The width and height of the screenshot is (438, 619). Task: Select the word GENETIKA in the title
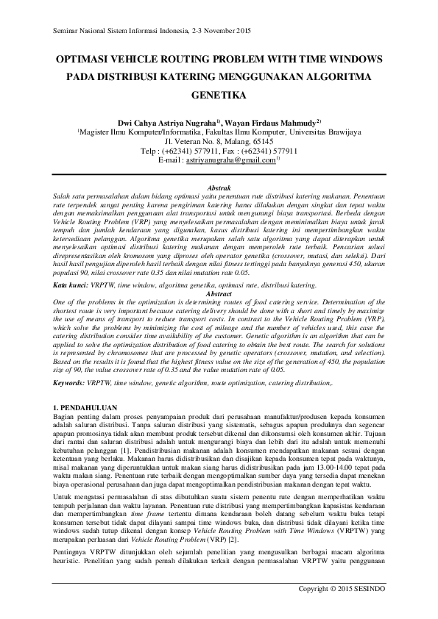click(x=219, y=95)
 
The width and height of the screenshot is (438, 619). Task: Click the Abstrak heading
click(x=219, y=189)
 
